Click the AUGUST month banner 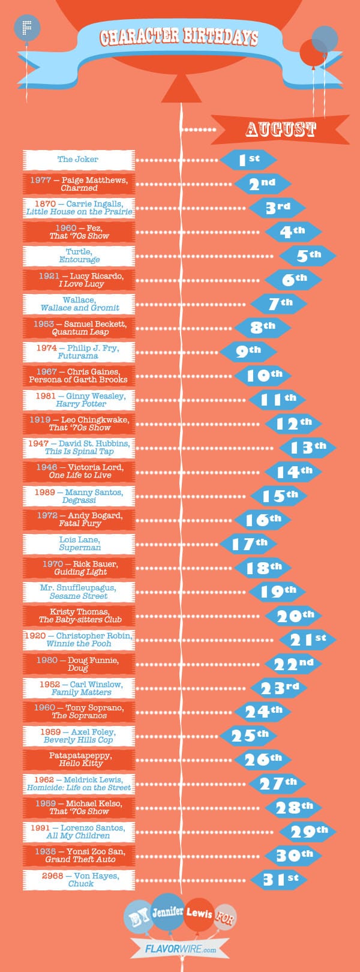[x=280, y=129]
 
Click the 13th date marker [x=307, y=448]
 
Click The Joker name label [x=78, y=160]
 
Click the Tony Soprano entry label [x=79, y=712]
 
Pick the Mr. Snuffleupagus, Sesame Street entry [x=78, y=592]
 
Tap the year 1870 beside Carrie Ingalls [x=45, y=204]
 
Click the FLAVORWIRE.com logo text [x=180, y=950]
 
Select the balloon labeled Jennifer [x=167, y=912]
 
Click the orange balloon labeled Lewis [x=199, y=914]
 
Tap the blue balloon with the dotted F [x=26, y=28]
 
